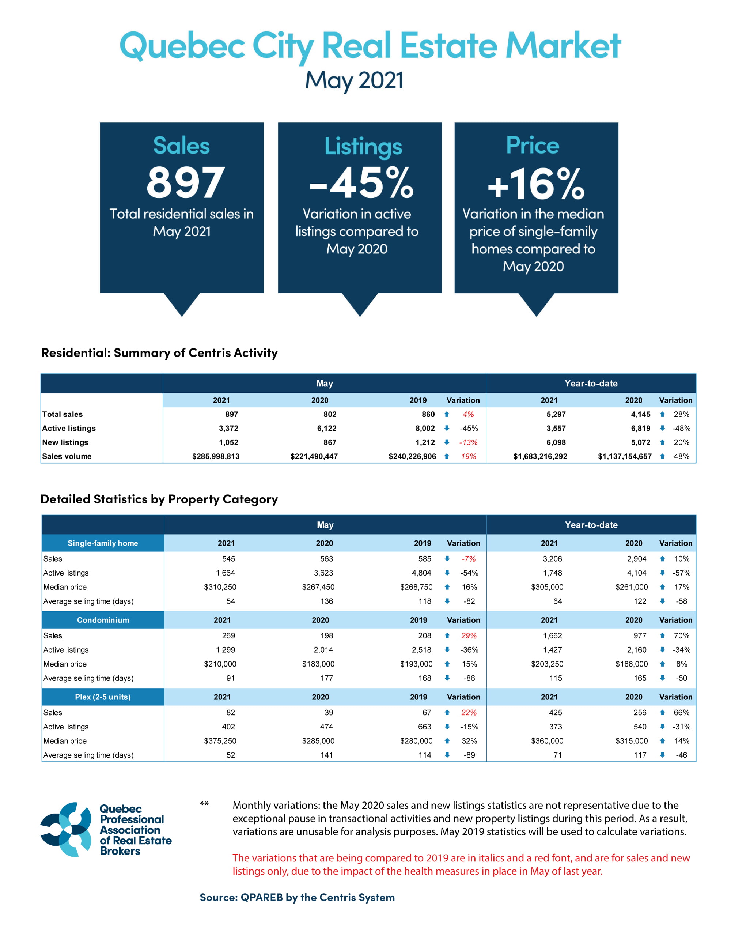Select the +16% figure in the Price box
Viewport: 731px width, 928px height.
(536, 184)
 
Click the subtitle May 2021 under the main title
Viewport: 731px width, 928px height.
(355, 80)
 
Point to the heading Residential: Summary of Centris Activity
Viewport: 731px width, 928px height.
(159, 353)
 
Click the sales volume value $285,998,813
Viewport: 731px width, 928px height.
(216, 456)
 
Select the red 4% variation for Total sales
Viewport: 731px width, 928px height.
(468, 414)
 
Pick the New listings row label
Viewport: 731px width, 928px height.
(65, 442)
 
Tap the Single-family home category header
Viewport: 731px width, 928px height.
(103, 543)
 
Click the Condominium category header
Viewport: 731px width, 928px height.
(103, 620)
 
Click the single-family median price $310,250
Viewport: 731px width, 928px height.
(220, 587)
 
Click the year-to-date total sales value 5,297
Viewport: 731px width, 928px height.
(556, 414)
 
